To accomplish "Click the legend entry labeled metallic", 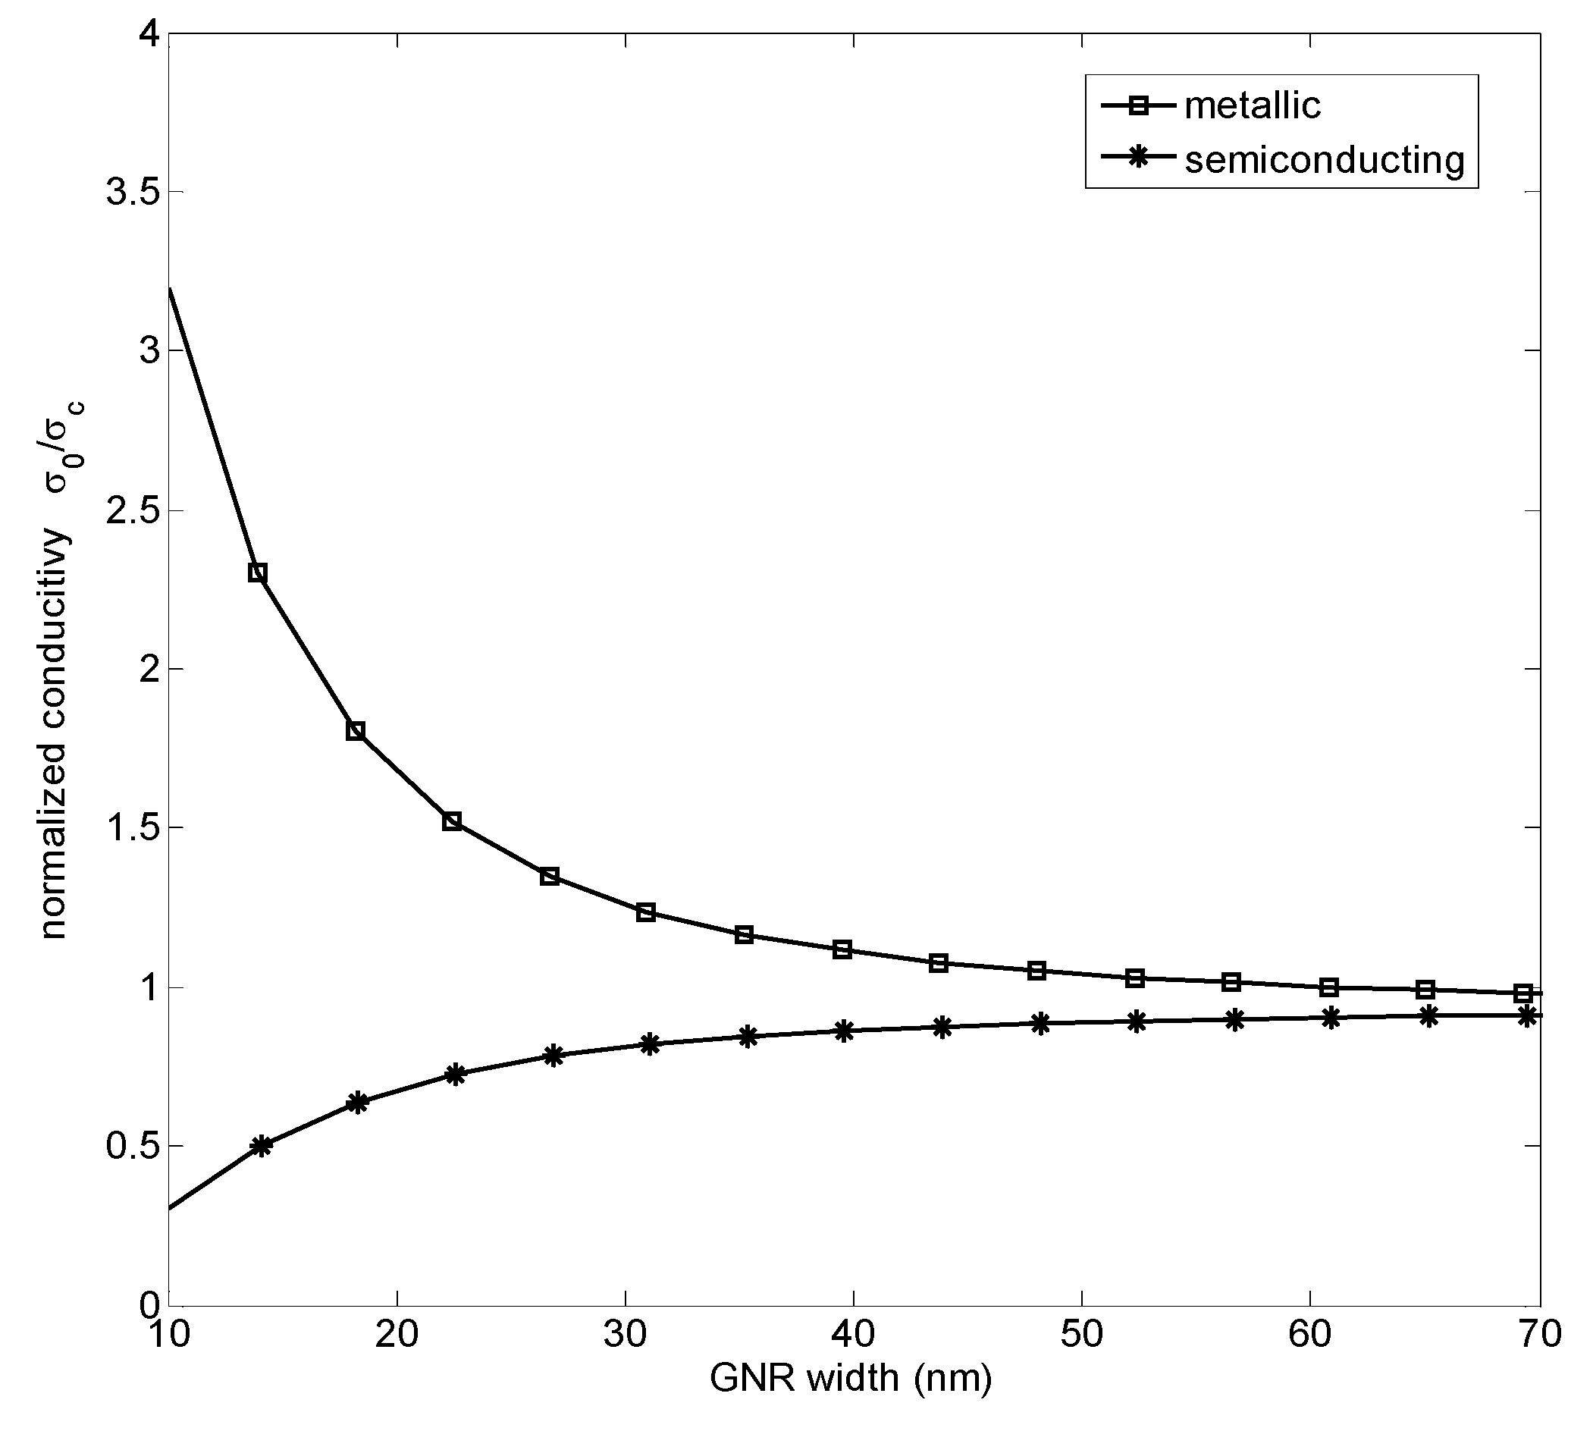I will click(x=1252, y=105).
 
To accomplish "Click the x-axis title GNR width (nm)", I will click(x=851, y=1377).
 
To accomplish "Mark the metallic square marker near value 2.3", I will click(x=257, y=573).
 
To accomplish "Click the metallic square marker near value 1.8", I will click(x=356, y=730).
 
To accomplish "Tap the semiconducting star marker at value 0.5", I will click(x=262, y=1146).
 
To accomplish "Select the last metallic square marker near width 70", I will click(x=1523, y=993).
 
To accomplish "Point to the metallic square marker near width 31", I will click(x=646, y=912).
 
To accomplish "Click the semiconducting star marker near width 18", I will click(x=358, y=1103).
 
